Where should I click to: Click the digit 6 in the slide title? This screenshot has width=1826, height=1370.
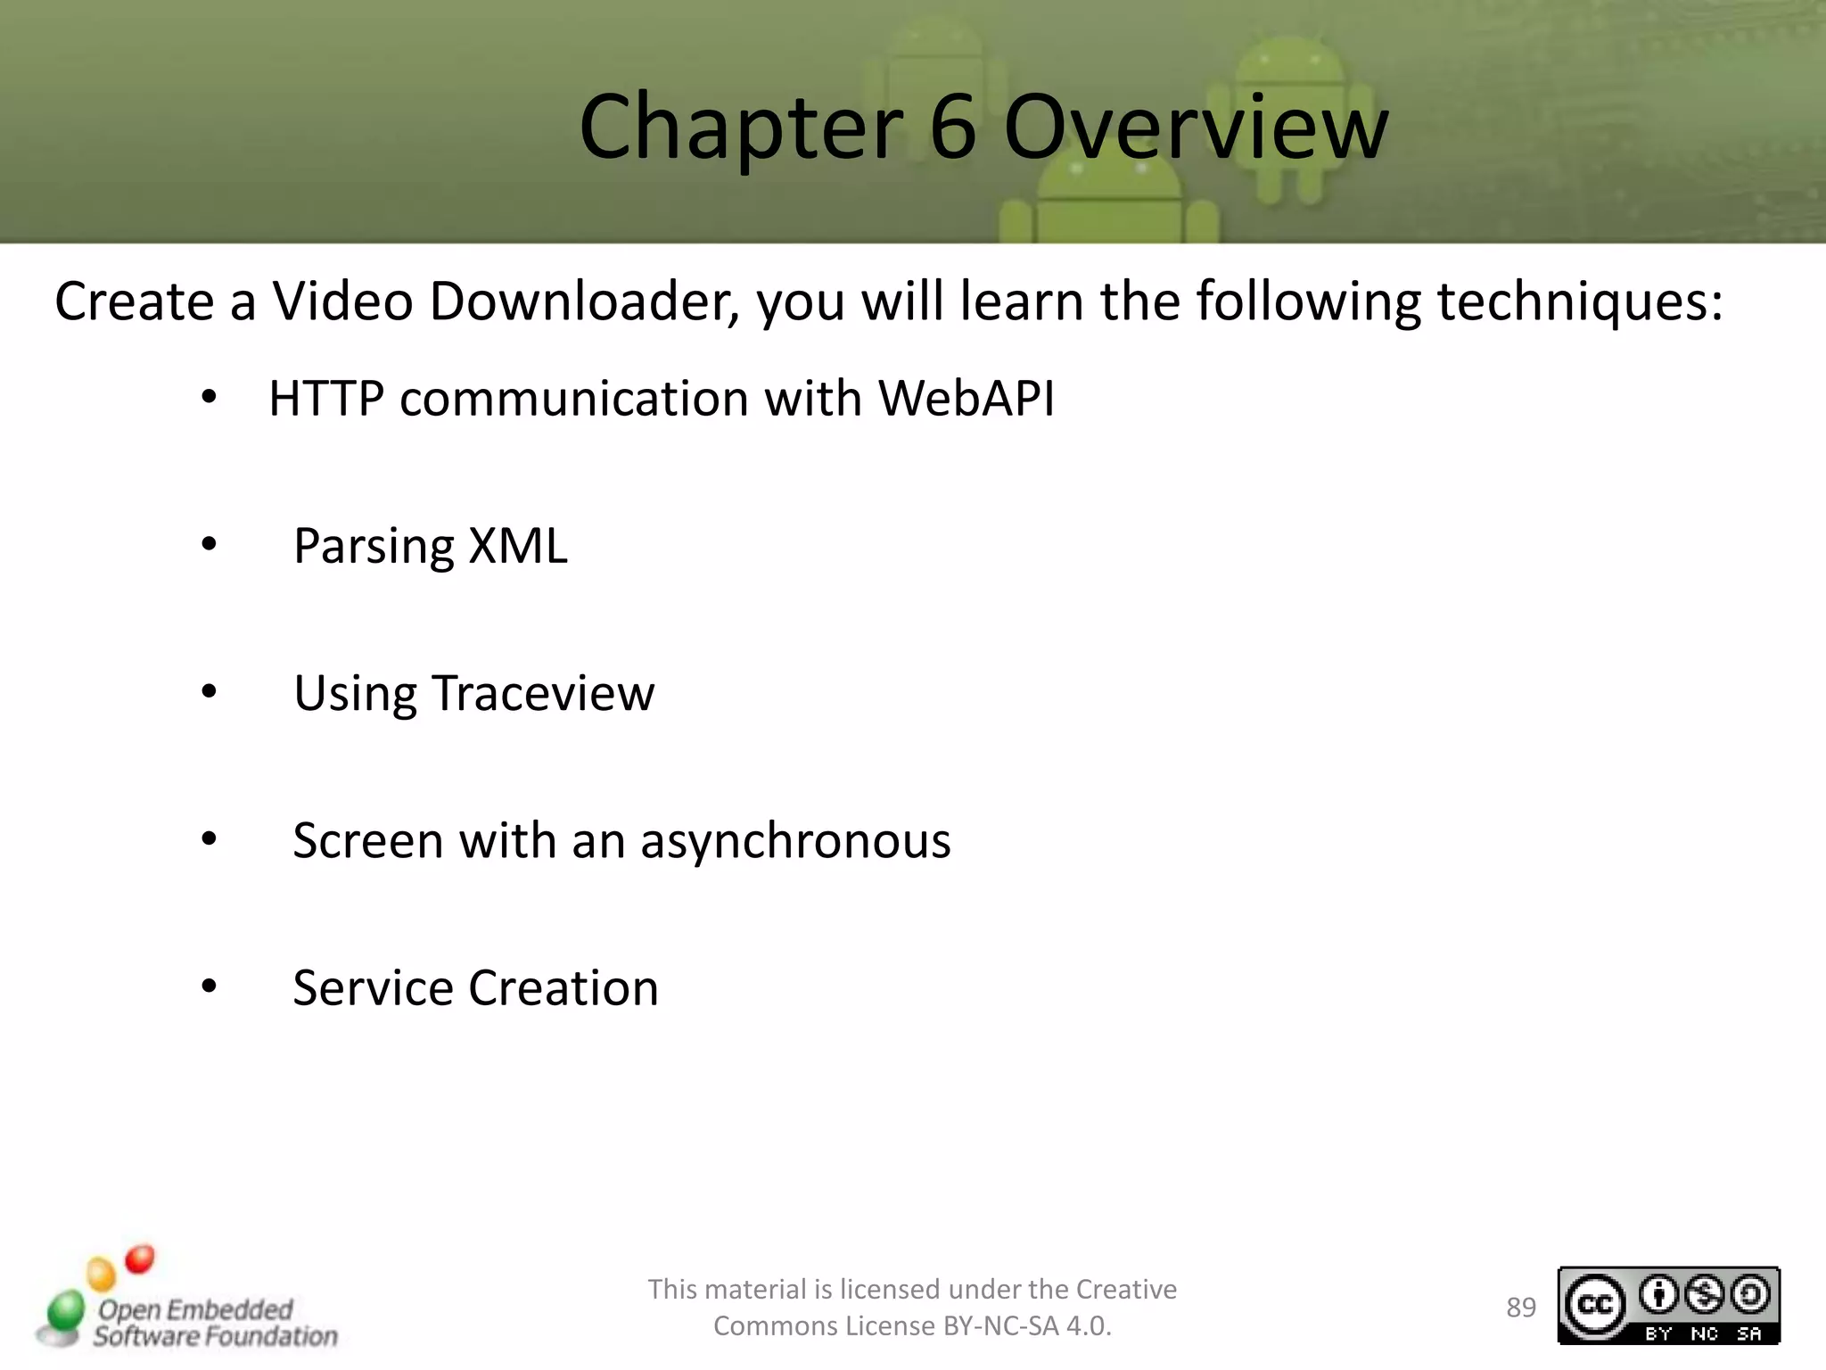click(953, 128)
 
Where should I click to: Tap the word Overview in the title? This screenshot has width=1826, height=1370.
click(1196, 128)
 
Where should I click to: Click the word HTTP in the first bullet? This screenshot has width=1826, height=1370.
click(326, 398)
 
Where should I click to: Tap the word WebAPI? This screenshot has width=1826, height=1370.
click(966, 398)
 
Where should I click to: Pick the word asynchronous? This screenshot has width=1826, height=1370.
click(795, 841)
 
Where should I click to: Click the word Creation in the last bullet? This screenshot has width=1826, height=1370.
click(563, 988)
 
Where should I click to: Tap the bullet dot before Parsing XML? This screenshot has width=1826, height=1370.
click(210, 543)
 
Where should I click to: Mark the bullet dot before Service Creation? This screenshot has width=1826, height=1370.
click(210, 986)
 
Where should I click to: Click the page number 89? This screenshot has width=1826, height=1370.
click(1521, 1308)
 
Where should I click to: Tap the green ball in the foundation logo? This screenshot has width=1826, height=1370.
click(65, 1311)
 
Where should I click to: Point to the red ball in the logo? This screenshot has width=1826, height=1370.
click(139, 1259)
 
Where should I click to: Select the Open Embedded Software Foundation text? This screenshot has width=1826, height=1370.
click(214, 1323)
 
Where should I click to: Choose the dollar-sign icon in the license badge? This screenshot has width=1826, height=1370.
click(1705, 1295)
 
